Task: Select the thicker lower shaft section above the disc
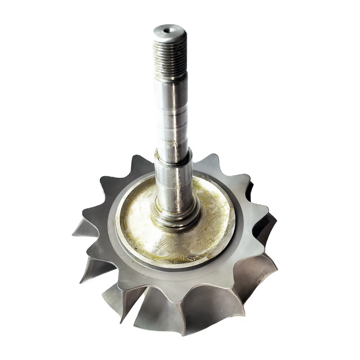(x=175, y=180)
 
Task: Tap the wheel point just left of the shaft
(x=139, y=158)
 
